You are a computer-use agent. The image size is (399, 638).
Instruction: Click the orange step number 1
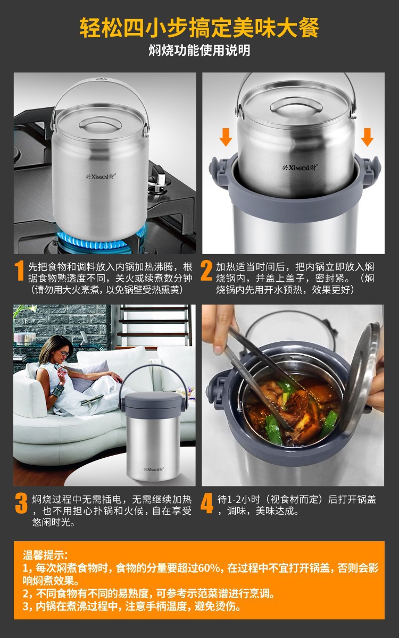[x=19, y=271]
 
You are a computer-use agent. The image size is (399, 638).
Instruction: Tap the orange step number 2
[x=206, y=271]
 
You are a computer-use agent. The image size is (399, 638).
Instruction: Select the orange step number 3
[x=21, y=503]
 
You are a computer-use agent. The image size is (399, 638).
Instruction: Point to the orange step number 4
[x=206, y=503]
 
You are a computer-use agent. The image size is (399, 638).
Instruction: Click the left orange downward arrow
[x=226, y=137]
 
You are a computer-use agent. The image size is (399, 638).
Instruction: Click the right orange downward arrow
[x=367, y=137]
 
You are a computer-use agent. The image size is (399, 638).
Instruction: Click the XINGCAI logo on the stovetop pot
[x=101, y=177]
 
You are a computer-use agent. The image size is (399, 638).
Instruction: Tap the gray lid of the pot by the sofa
[x=154, y=401]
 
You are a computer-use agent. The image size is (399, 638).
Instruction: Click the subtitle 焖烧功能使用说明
[x=199, y=51]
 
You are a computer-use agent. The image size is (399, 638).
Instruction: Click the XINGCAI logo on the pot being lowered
[x=300, y=167]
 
